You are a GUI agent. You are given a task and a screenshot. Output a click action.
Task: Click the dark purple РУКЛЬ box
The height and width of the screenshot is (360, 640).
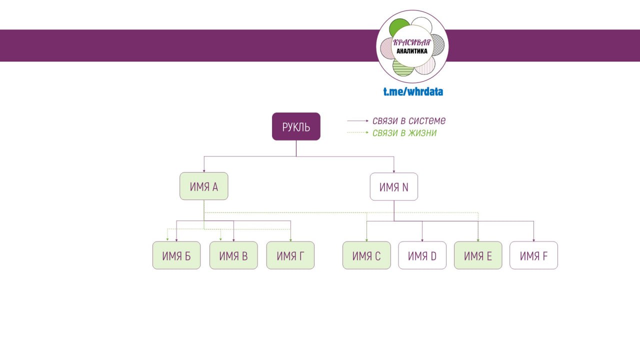pyautogui.click(x=296, y=126)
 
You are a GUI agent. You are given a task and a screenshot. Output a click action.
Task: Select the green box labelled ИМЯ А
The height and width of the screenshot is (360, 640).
pyautogui.click(x=203, y=186)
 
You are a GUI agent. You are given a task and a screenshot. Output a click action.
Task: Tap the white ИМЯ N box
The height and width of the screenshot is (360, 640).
pyautogui.click(x=393, y=187)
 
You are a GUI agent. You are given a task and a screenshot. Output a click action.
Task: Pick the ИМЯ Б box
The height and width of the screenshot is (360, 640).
pyautogui.click(x=176, y=255)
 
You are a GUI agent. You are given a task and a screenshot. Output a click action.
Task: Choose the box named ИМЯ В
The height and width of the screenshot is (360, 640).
pyautogui.click(x=233, y=255)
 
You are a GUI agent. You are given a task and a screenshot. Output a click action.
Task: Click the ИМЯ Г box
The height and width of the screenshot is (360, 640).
pyautogui.click(x=290, y=255)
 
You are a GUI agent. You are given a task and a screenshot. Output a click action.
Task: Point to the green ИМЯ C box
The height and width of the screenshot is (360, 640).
pyautogui.click(x=366, y=255)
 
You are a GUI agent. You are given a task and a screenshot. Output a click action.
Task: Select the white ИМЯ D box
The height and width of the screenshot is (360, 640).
pyautogui.click(x=422, y=255)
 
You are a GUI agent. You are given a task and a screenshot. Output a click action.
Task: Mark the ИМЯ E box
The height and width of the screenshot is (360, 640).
pyautogui.click(x=478, y=255)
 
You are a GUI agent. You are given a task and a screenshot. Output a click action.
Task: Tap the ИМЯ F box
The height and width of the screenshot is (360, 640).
pyautogui.click(x=533, y=255)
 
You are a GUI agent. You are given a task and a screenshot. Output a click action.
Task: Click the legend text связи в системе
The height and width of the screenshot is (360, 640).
pyautogui.click(x=408, y=120)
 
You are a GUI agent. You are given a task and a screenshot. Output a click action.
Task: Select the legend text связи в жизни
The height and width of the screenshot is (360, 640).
pyautogui.click(x=404, y=133)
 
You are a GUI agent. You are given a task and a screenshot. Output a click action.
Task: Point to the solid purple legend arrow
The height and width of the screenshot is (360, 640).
pyautogui.click(x=358, y=121)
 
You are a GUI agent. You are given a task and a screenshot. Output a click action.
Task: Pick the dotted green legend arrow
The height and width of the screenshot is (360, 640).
pyautogui.click(x=358, y=133)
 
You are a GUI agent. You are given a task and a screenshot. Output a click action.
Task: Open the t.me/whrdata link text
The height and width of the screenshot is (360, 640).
pyautogui.click(x=413, y=91)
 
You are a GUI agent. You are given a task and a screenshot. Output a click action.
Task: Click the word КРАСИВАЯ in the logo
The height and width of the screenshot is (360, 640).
pyautogui.click(x=411, y=43)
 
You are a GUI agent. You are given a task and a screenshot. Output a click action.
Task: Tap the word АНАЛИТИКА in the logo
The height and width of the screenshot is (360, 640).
pyautogui.click(x=411, y=51)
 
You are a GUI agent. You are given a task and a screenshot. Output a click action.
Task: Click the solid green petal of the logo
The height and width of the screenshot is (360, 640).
pyautogui.click(x=398, y=27)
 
